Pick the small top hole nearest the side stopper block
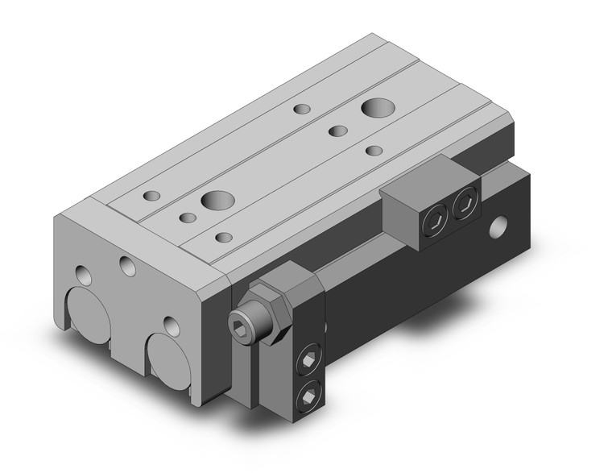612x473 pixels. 395,150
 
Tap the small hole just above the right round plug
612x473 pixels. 170,325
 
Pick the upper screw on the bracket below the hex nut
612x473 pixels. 308,363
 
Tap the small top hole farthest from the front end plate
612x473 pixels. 302,109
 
